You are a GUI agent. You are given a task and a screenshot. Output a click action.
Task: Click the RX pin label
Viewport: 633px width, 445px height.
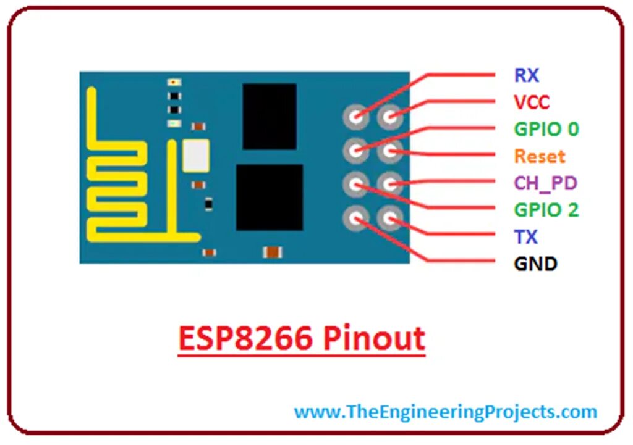tap(527, 75)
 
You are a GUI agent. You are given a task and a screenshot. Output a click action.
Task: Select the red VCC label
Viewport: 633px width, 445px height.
tap(531, 102)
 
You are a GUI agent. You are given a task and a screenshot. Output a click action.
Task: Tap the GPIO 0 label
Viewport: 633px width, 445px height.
tap(546, 129)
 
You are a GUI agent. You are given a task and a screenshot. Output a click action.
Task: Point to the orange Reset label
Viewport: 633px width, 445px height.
tap(540, 156)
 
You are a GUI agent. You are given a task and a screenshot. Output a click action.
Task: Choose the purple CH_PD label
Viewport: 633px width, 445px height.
tap(546, 183)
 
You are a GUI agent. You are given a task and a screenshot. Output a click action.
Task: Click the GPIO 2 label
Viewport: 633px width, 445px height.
tap(546, 210)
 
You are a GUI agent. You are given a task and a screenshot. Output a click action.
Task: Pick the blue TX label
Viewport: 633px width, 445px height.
tap(525, 237)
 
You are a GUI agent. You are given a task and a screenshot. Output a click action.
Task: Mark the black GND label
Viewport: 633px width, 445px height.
tap(535, 264)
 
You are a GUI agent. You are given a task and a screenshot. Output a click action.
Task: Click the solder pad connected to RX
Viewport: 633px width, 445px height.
tap(357, 115)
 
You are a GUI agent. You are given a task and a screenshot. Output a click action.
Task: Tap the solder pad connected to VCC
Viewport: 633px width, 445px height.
tap(390, 115)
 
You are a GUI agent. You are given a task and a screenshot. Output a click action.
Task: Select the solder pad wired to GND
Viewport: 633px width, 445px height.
tap(357, 217)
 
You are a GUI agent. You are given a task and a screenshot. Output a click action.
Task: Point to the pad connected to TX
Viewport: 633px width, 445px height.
tap(390, 217)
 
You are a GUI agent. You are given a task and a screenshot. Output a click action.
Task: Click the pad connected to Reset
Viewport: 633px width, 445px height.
tap(390, 149)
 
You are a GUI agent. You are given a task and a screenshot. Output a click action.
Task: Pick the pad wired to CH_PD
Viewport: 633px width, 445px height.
tap(390, 183)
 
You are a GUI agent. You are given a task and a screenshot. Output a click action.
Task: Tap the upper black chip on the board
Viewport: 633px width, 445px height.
tap(270, 116)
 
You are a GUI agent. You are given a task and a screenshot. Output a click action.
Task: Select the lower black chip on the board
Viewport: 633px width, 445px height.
tap(270, 197)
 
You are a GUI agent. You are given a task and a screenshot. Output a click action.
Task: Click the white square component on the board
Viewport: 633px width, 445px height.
tap(195, 155)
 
